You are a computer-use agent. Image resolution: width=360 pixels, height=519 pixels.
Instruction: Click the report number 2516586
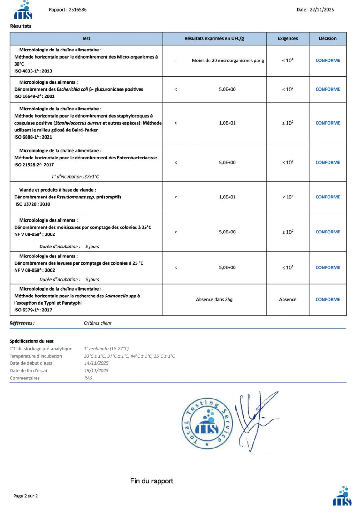[78, 10]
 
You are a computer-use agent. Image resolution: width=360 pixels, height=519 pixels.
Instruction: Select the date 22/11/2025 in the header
[322, 10]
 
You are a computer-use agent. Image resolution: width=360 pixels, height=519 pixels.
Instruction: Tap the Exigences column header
[288, 38]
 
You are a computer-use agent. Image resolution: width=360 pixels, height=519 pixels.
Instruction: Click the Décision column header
[328, 38]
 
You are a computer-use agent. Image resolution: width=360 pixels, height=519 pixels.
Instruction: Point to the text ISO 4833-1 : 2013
[33, 71]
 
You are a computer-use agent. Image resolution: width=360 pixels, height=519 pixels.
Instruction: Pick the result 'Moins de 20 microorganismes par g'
[228, 61]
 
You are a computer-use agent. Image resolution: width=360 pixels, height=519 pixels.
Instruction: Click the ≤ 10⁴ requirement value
[288, 61]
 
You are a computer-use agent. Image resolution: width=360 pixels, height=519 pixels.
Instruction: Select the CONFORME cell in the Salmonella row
[328, 299]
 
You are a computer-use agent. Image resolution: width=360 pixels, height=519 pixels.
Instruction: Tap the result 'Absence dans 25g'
[214, 299]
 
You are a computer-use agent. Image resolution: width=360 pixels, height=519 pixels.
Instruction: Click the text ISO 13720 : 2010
[33, 204]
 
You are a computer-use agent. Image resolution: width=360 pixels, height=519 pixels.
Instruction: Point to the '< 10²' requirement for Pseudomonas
[288, 197]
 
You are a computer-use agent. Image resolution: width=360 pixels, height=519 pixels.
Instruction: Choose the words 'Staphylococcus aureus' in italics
[78, 123]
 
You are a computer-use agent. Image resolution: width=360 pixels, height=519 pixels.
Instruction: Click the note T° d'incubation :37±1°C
[75, 177]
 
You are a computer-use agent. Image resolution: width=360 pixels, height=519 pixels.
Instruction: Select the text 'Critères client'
[97, 323]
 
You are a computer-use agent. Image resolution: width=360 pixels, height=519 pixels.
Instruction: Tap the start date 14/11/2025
[96, 363]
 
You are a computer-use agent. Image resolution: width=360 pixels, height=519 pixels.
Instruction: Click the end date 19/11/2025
[96, 370]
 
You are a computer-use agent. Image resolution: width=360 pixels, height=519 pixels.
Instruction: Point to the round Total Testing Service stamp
[207, 423]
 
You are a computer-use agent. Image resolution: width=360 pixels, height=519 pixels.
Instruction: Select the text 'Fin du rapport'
[151, 481]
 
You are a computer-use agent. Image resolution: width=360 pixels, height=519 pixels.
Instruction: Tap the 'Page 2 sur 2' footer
[26, 496]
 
